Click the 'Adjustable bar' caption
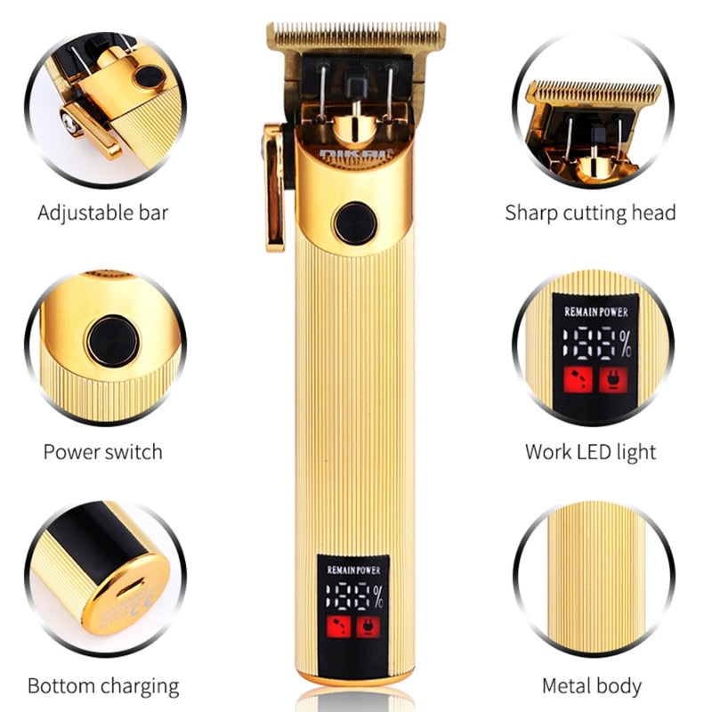point(102,213)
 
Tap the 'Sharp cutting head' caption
point(590,213)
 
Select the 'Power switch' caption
point(102,451)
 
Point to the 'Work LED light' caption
point(590,451)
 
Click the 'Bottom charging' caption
point(102,686)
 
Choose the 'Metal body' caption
point(592,686)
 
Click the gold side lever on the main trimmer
point(274,187)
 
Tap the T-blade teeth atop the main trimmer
point(356,36)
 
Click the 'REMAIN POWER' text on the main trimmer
point(355,569)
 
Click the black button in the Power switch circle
point(113,341)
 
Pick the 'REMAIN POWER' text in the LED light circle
point(595,312)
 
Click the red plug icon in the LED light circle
point(612,380)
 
